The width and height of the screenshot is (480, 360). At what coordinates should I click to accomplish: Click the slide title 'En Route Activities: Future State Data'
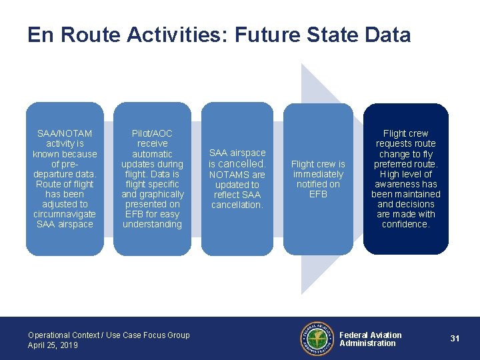click(219, 35)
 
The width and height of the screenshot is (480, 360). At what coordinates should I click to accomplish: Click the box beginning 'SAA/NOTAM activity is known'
click(65, 179)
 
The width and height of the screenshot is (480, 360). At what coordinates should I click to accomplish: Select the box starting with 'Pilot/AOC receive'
click(152, 179)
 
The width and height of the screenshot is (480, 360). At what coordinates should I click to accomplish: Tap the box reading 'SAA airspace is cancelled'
click(237, 179)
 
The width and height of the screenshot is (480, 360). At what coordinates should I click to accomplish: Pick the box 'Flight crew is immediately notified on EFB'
click(318, 179)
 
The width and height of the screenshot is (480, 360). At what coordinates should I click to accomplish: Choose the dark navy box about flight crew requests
click(405, 179)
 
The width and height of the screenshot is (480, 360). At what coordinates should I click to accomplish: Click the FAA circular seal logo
click(316, 339)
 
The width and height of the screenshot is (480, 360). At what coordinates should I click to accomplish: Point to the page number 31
click(455, 339)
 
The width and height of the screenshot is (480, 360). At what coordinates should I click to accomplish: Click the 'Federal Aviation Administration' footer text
click(371, 339)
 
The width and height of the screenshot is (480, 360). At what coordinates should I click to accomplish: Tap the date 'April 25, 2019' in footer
click(53, 345)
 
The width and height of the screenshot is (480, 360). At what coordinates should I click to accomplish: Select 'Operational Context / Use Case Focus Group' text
click(109, 335)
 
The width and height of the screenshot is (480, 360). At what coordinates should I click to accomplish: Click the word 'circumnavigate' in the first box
click(65, 214)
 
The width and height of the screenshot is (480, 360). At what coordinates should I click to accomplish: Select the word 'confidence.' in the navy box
click(405, 225)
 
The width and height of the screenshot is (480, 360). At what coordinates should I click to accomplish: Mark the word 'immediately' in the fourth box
click(318, 174)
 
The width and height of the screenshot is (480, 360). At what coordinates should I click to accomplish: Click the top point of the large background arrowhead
click(302, 65)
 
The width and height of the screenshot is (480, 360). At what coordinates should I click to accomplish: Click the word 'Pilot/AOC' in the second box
click(152, 133)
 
